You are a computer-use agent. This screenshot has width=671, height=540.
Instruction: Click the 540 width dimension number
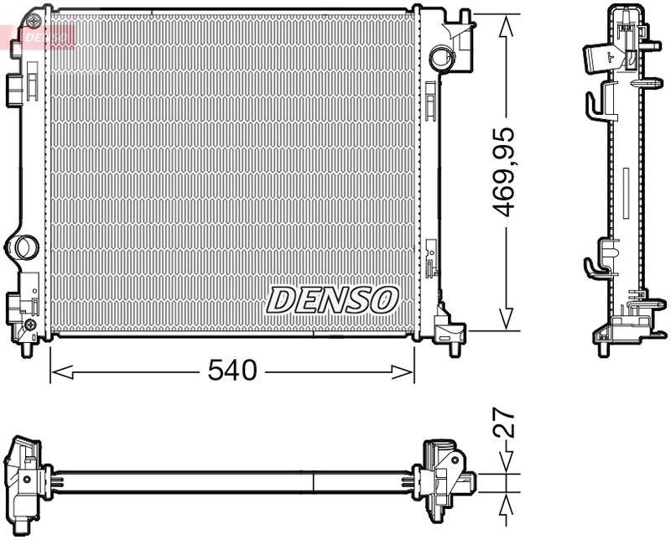point(232,371)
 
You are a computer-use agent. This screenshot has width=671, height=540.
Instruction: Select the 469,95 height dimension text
point(503,173)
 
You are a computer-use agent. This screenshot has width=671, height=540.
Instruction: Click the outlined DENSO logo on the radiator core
point(332,299)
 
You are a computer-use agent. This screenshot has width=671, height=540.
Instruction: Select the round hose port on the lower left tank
point(21,248)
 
